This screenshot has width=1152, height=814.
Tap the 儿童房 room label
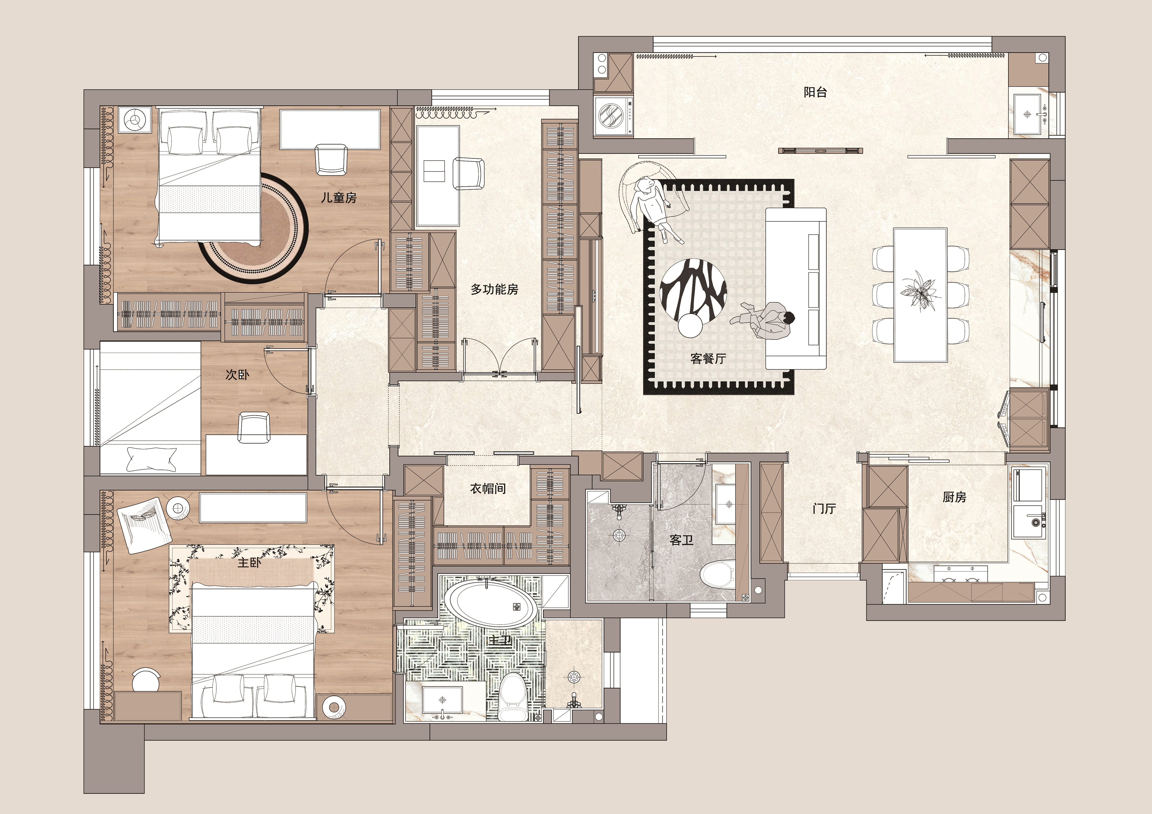click(339, 198)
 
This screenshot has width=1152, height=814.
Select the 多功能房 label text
click(494, 289)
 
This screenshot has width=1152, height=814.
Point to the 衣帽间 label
click(488, 489)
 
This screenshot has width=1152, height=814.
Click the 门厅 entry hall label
click(824, 509)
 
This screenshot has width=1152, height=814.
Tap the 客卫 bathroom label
click(681, 540)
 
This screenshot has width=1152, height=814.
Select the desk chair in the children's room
click(331, 159)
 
